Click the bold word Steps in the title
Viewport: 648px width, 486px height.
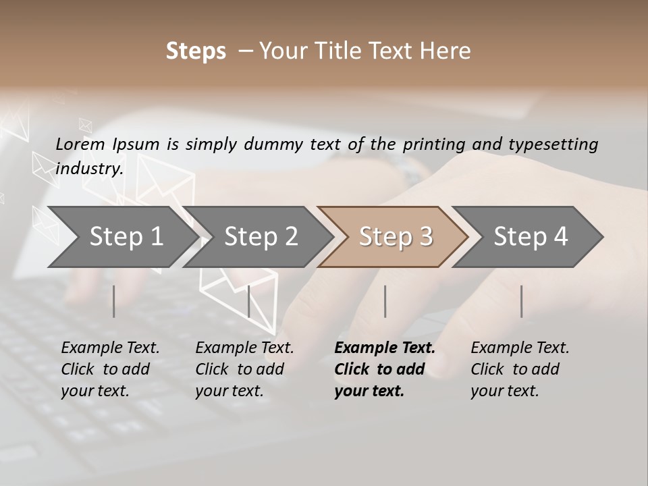(x=196, y=51)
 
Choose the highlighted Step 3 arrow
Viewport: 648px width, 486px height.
(x=396, y=236)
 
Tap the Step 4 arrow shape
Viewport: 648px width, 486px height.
(x=531, y=236)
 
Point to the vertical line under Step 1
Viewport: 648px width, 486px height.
(x=114, y=301)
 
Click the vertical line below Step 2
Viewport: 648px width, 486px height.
(x=249, y=301)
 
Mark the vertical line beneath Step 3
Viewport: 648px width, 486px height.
(x=385, y=301)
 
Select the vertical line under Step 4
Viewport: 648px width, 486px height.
(x=521, y=301)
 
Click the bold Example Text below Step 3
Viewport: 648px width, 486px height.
(x=385, y=348)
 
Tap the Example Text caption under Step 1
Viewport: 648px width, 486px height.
(x=110, y=348)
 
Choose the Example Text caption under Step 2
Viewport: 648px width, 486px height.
(x=244, y=348)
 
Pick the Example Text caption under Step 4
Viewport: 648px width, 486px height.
(x=520, y=348)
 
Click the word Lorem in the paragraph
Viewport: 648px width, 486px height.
(x=80, y=144)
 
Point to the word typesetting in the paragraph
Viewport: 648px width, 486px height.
(x=553, y=144)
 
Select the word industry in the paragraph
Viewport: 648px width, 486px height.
(x=89, y=169)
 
